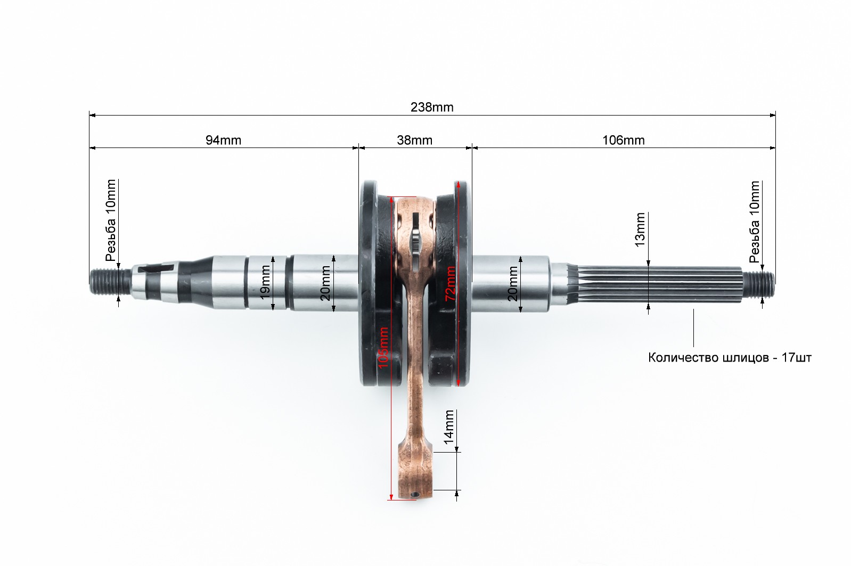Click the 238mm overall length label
(432, 108)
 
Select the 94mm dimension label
(223, 140)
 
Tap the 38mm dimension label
(414, 140)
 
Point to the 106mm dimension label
(624, 140)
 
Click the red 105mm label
(383, 347)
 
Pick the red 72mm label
(451, 283)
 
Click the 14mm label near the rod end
(449, 427)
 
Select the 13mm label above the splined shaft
(640, 230)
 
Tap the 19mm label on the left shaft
(265, 282)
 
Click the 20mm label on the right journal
(512, 283)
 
